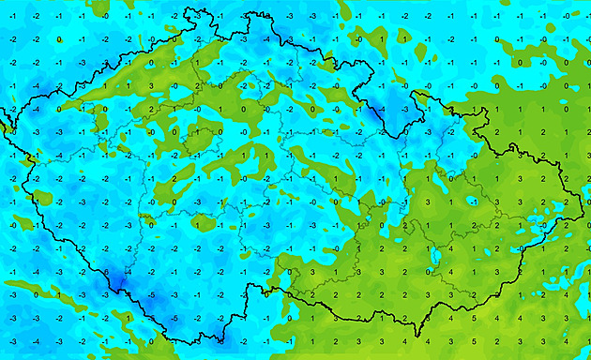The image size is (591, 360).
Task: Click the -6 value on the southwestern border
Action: pyautogui.click(x=105, y=272)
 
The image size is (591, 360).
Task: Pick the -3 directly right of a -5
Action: pyautogui.click(x=174, y=295)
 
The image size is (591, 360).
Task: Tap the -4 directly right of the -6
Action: pyautogui.click(x=129, y=272)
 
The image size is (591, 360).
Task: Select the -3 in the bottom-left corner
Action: pyautogui.click(x=13, y=340)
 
